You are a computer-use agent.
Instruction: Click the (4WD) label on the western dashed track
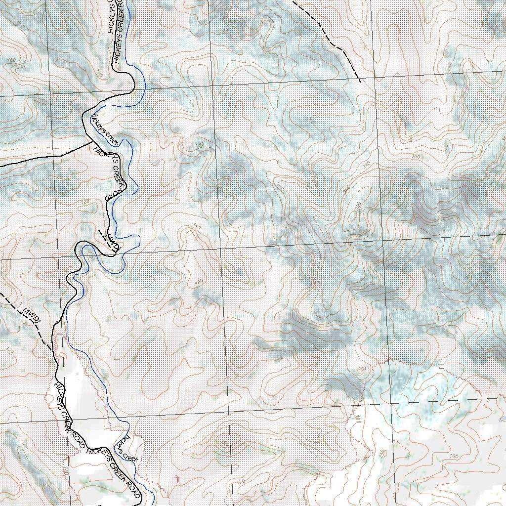point(31,316)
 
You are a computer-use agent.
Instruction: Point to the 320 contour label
point(416,157)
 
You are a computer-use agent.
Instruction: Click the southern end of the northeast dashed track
point(360,81)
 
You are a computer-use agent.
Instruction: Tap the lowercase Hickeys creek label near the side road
point(104,129)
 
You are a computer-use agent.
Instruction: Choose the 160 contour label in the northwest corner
point(11,60)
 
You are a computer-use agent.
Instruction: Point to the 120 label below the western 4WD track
point(10,350)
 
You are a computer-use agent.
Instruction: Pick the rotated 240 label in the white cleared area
point(380,453)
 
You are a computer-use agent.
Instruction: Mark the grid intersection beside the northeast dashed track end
point(374,78)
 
